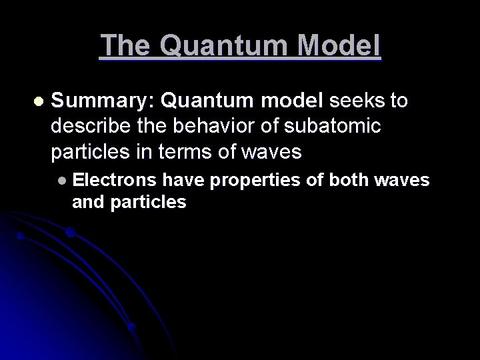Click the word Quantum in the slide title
coord(224,47)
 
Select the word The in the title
coord(127,45)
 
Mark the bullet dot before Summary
coord(37,101)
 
